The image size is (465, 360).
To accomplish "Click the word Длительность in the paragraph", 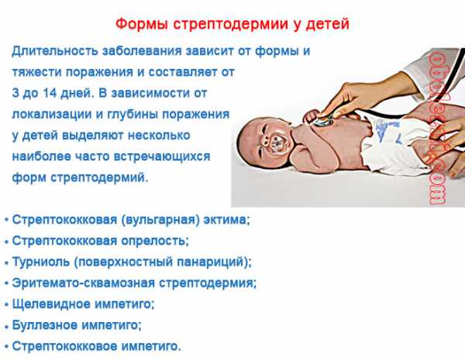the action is [x=55, y=50].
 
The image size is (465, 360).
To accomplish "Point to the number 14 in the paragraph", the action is [x=50, y=93].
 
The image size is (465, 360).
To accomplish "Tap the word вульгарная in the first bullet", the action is [x=160, y=220].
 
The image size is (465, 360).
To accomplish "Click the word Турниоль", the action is [x=40, y=262].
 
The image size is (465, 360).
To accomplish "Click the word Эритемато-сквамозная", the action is [x=84, y=283].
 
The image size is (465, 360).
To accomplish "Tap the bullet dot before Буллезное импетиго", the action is [x=6, y=326].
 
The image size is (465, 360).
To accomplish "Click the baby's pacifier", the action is [x=274, y=143].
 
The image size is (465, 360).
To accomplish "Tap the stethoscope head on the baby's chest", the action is [x=323, y=120].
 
